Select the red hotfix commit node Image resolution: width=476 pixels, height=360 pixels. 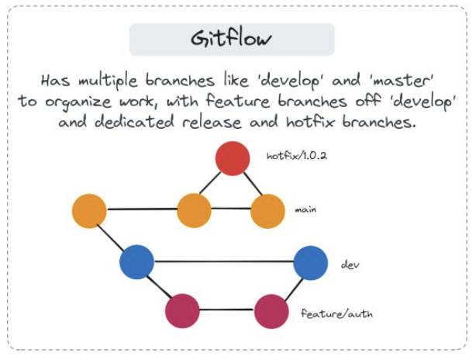pyautogui.click(x=233, y=158)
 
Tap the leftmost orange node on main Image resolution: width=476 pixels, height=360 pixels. pyautogui.click(x=89, y=211)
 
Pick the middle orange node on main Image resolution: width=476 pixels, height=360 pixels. pyautogui.click(x=194, y=211)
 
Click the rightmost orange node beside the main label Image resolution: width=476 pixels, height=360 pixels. pyautogui.click(x=267, y=211)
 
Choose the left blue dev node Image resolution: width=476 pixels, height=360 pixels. pyautogui.click(x=137, y=261)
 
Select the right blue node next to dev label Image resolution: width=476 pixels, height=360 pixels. pyautogui.click(x=311, y=262)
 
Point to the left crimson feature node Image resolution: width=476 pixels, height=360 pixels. pyautogui.click(x=182, y=312)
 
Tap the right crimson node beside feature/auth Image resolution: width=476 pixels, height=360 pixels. pyautogui.click(x=271, y=312)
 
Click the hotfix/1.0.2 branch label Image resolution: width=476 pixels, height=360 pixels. pyautogui.click(x=297, y=156)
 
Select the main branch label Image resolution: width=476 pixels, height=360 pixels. pyautogui.click(x=305, y=209)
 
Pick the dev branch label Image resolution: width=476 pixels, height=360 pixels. pyautogui.click(x=350, y=265)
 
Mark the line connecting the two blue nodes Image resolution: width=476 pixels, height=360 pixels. pyautogui.click(x=224, y=261)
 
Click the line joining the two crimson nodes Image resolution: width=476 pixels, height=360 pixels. pyautogui.click(x=226, y=312)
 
